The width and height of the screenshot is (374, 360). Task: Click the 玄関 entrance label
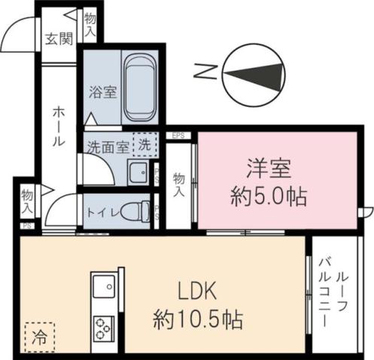pos(58,39)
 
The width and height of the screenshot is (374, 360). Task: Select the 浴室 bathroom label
pos(102,93)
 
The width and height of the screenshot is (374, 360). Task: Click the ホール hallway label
pos(59,126)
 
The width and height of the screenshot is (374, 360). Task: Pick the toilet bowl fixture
pos(136,210)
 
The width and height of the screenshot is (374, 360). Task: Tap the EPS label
pos(178,136)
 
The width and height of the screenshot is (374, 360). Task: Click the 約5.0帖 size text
pos(268,198)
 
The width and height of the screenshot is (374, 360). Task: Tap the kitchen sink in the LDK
pos(102,288)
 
